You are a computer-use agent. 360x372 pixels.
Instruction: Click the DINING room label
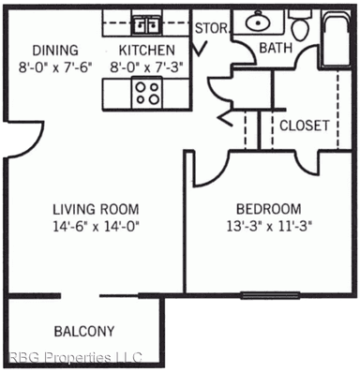(x=53, y=50)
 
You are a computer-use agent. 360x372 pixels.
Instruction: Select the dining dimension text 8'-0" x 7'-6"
(x=53, y=67)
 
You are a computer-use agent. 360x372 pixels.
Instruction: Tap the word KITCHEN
(x=146, y=50)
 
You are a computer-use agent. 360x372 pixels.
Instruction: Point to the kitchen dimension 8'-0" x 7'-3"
(x=146, y=67)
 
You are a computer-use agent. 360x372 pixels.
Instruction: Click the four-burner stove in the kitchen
(x=148, y=92)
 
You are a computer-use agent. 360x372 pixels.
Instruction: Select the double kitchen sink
(x=146, y=23)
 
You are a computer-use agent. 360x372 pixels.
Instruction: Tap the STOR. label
(x=210, y=28)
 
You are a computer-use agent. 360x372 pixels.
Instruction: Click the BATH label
(x=275, y=48)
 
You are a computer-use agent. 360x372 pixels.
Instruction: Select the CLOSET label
(x=304, y=125)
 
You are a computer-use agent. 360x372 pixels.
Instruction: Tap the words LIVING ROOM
(x=96, y=208)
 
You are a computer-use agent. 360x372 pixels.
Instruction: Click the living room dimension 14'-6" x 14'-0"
(x=96, y=225)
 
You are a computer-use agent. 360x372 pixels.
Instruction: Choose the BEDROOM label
(x=269, y=208)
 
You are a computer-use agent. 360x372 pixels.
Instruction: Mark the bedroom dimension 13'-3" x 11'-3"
(x=269, y=225)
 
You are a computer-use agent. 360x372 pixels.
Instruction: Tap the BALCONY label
(x=84, y=331)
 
